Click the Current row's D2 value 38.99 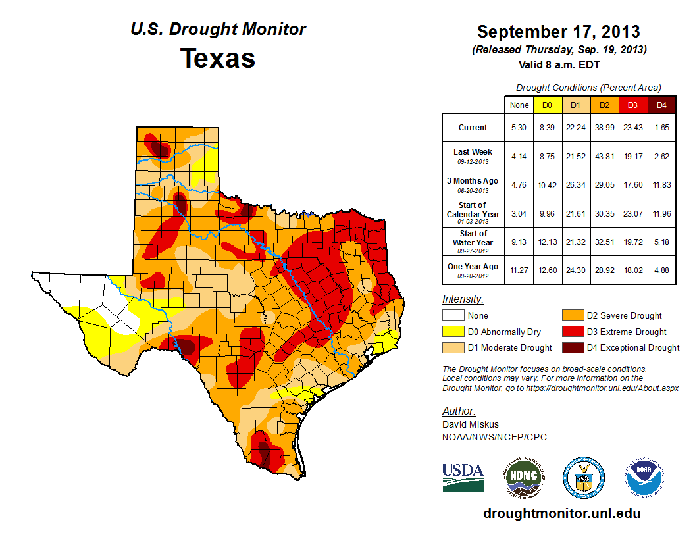coord(604,128)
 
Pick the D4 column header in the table coord(661,105)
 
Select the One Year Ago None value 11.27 coord(519,267)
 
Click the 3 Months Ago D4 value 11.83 coord(661,185)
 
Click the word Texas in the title coord(218,58)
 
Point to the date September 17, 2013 coord(558,32)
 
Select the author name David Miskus coord(471,425)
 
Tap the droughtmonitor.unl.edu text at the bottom coord(561,513)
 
